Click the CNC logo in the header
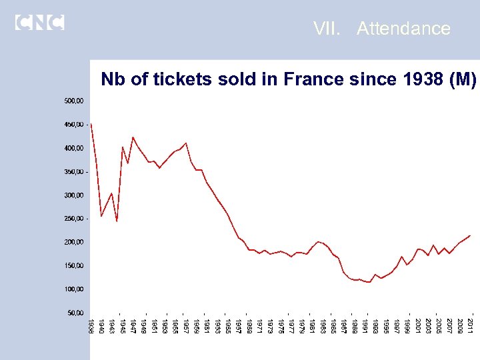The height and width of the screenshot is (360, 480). click(39, 22)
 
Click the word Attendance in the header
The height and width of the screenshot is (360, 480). click(403, 29)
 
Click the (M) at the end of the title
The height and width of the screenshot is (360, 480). click(463, 80)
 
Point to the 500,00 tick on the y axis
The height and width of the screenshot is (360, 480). click(74, 101)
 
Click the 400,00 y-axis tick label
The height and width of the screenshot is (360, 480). click(74, 148)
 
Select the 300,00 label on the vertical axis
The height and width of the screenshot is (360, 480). click(74, 195)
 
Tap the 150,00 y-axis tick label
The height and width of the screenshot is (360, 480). click(74, 265)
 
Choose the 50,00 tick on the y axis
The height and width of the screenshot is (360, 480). click(75, 312)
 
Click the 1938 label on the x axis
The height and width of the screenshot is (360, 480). click(91, 327)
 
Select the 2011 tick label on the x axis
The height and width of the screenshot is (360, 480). click(470, 327)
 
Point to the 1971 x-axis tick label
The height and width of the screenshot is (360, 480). click(259, 327)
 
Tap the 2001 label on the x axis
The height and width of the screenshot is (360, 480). click(417, 327)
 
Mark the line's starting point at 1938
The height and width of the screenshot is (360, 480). click(91, 124)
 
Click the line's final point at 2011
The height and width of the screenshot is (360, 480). click(470, 235)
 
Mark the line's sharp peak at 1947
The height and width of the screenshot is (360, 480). click(133, 137)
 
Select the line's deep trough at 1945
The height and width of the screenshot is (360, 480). click(117, 221)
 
